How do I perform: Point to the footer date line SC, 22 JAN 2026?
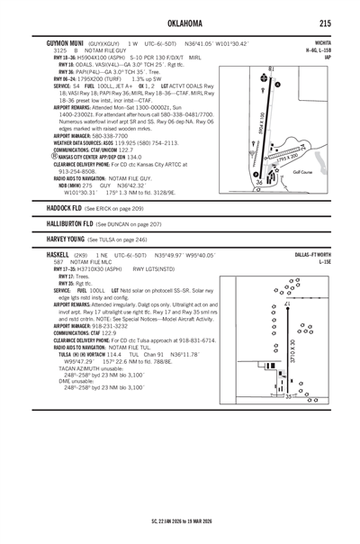(180, 521)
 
